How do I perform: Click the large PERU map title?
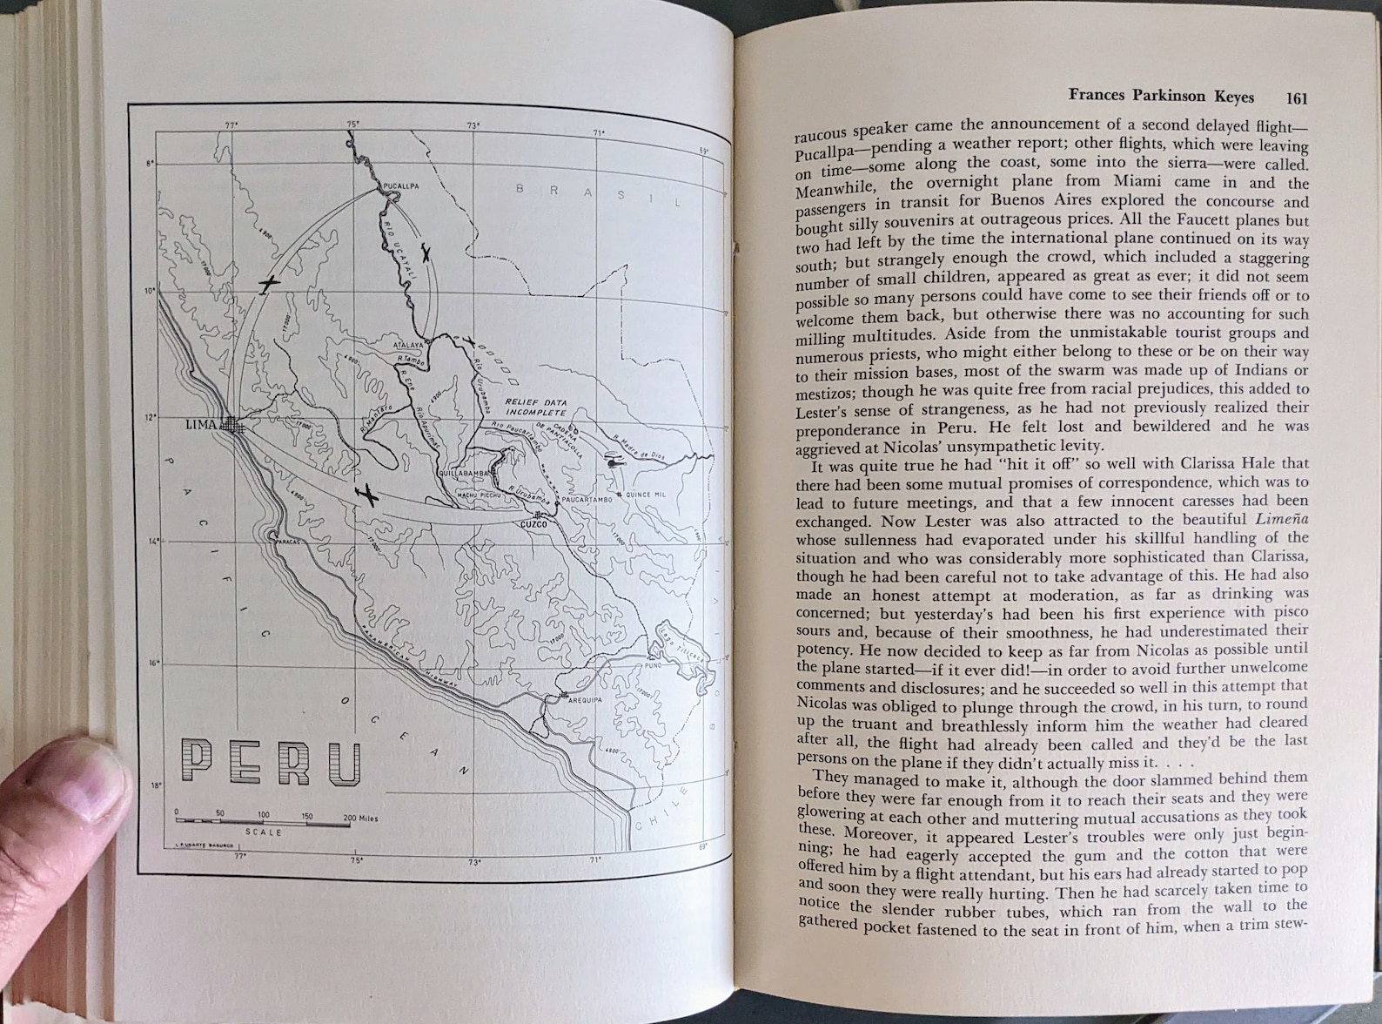click(x=272, y=762)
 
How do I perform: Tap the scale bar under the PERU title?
click(x=262, y=821)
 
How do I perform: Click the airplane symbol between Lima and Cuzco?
click(x=368, y=495)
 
